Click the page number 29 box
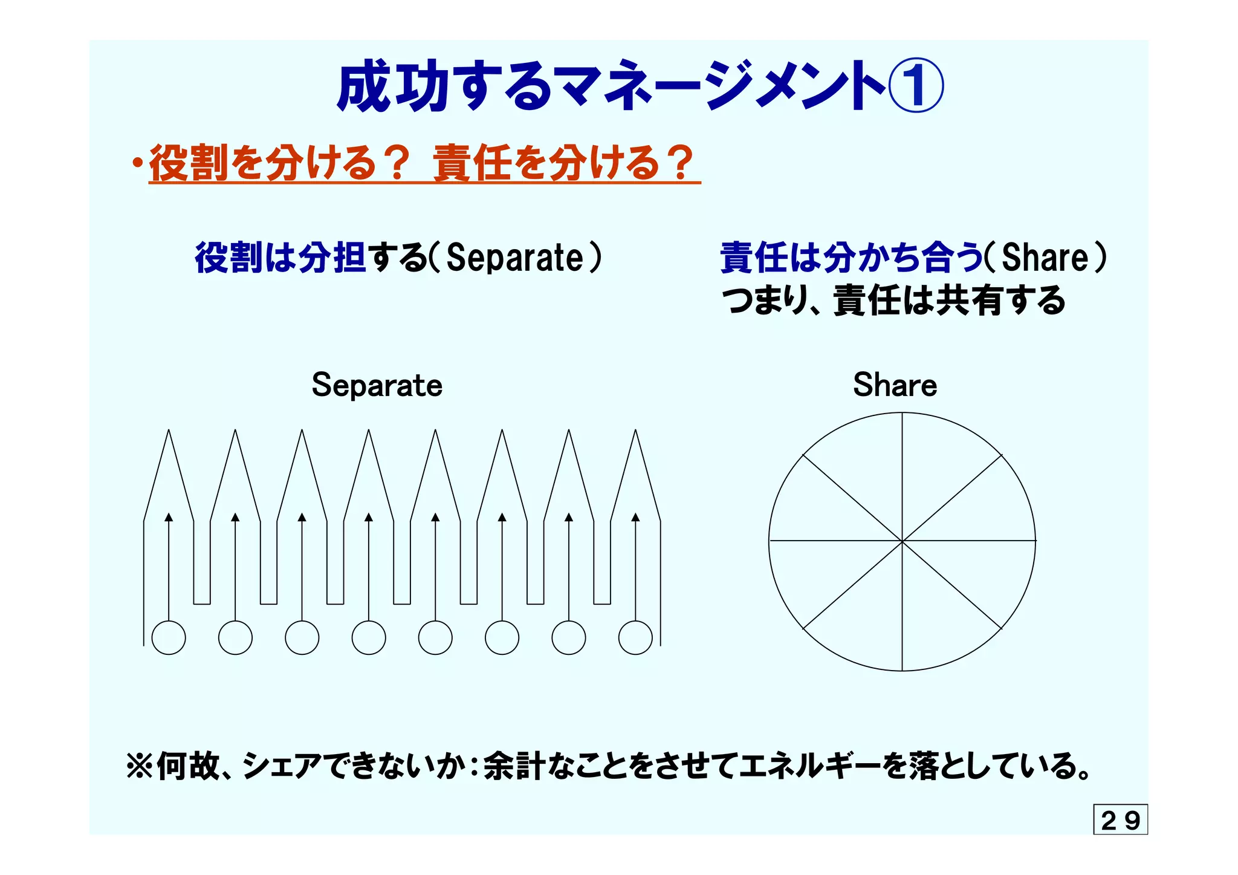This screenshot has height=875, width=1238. coord(1120,820)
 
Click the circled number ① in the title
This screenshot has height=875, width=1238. coord(915,86)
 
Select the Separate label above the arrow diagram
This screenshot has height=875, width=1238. coord(377,385)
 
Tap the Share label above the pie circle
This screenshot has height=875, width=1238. coord(895,385)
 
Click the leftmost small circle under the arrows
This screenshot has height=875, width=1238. coord(169,637)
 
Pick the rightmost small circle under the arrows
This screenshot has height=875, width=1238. coord(635,637)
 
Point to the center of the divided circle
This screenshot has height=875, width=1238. coord(902,541)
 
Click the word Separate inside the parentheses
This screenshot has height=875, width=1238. coord(514,258)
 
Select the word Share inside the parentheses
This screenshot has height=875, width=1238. coord(1045,258)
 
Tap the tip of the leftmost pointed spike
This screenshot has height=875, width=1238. coord(169,431)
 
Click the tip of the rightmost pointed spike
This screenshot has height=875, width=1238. coord(635,431)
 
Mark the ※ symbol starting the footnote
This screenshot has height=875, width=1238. coord(140,766)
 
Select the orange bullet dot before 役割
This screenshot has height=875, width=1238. coord(138,163)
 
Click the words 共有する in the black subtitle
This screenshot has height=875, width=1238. coord(1000,301)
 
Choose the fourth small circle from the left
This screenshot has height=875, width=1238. coord(369,637)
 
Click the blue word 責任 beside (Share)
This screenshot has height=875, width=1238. coord(754,258)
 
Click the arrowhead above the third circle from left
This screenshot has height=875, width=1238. coord(302,517)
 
